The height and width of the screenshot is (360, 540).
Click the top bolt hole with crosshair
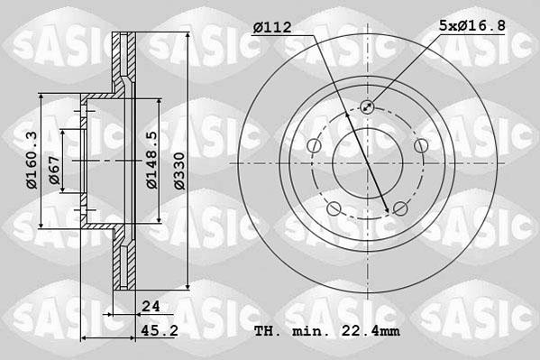click(x=367, y=107)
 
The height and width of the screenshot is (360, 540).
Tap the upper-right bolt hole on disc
click(x=419, y=146)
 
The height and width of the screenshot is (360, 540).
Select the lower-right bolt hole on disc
click(x=399, y=208)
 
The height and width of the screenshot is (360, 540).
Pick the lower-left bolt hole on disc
click(x=334, y=208)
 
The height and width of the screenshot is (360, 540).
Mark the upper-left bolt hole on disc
click(x=314, y=146)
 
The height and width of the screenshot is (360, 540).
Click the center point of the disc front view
click(x=367, y=163)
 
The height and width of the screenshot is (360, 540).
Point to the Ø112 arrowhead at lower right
click(x=389, y=210)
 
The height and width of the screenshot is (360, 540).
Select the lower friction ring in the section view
click(x=124, y=262)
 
